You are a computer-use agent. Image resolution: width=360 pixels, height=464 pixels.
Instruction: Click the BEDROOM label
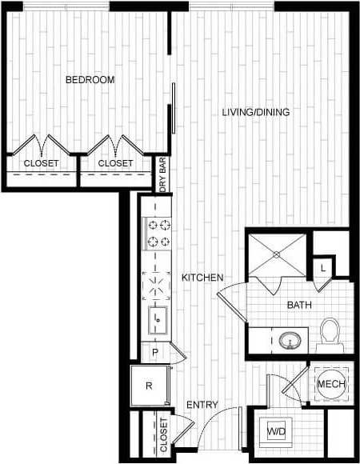click(90, 80)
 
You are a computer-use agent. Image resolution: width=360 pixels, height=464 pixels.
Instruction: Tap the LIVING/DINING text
click(256, 112)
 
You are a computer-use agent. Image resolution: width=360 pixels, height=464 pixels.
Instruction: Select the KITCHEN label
click(202, 278)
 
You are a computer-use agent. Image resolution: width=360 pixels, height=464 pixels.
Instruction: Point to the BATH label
click(299, 305)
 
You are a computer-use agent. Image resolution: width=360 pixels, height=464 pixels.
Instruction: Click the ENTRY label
click(202, 405)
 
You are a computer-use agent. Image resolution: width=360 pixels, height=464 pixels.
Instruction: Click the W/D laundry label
click(275, 432)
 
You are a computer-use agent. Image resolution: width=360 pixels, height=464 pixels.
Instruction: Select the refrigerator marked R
click(150, 386)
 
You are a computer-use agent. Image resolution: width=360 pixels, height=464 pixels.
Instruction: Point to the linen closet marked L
click(323, 267)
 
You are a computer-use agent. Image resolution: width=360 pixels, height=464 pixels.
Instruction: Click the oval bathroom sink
click(291, 339)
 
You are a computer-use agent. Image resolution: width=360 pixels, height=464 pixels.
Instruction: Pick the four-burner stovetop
click(157, 232)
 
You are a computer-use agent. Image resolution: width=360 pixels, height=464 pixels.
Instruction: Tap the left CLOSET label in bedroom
click(40, 163)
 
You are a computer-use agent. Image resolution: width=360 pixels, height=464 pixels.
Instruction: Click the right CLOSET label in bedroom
click(115, 163)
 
